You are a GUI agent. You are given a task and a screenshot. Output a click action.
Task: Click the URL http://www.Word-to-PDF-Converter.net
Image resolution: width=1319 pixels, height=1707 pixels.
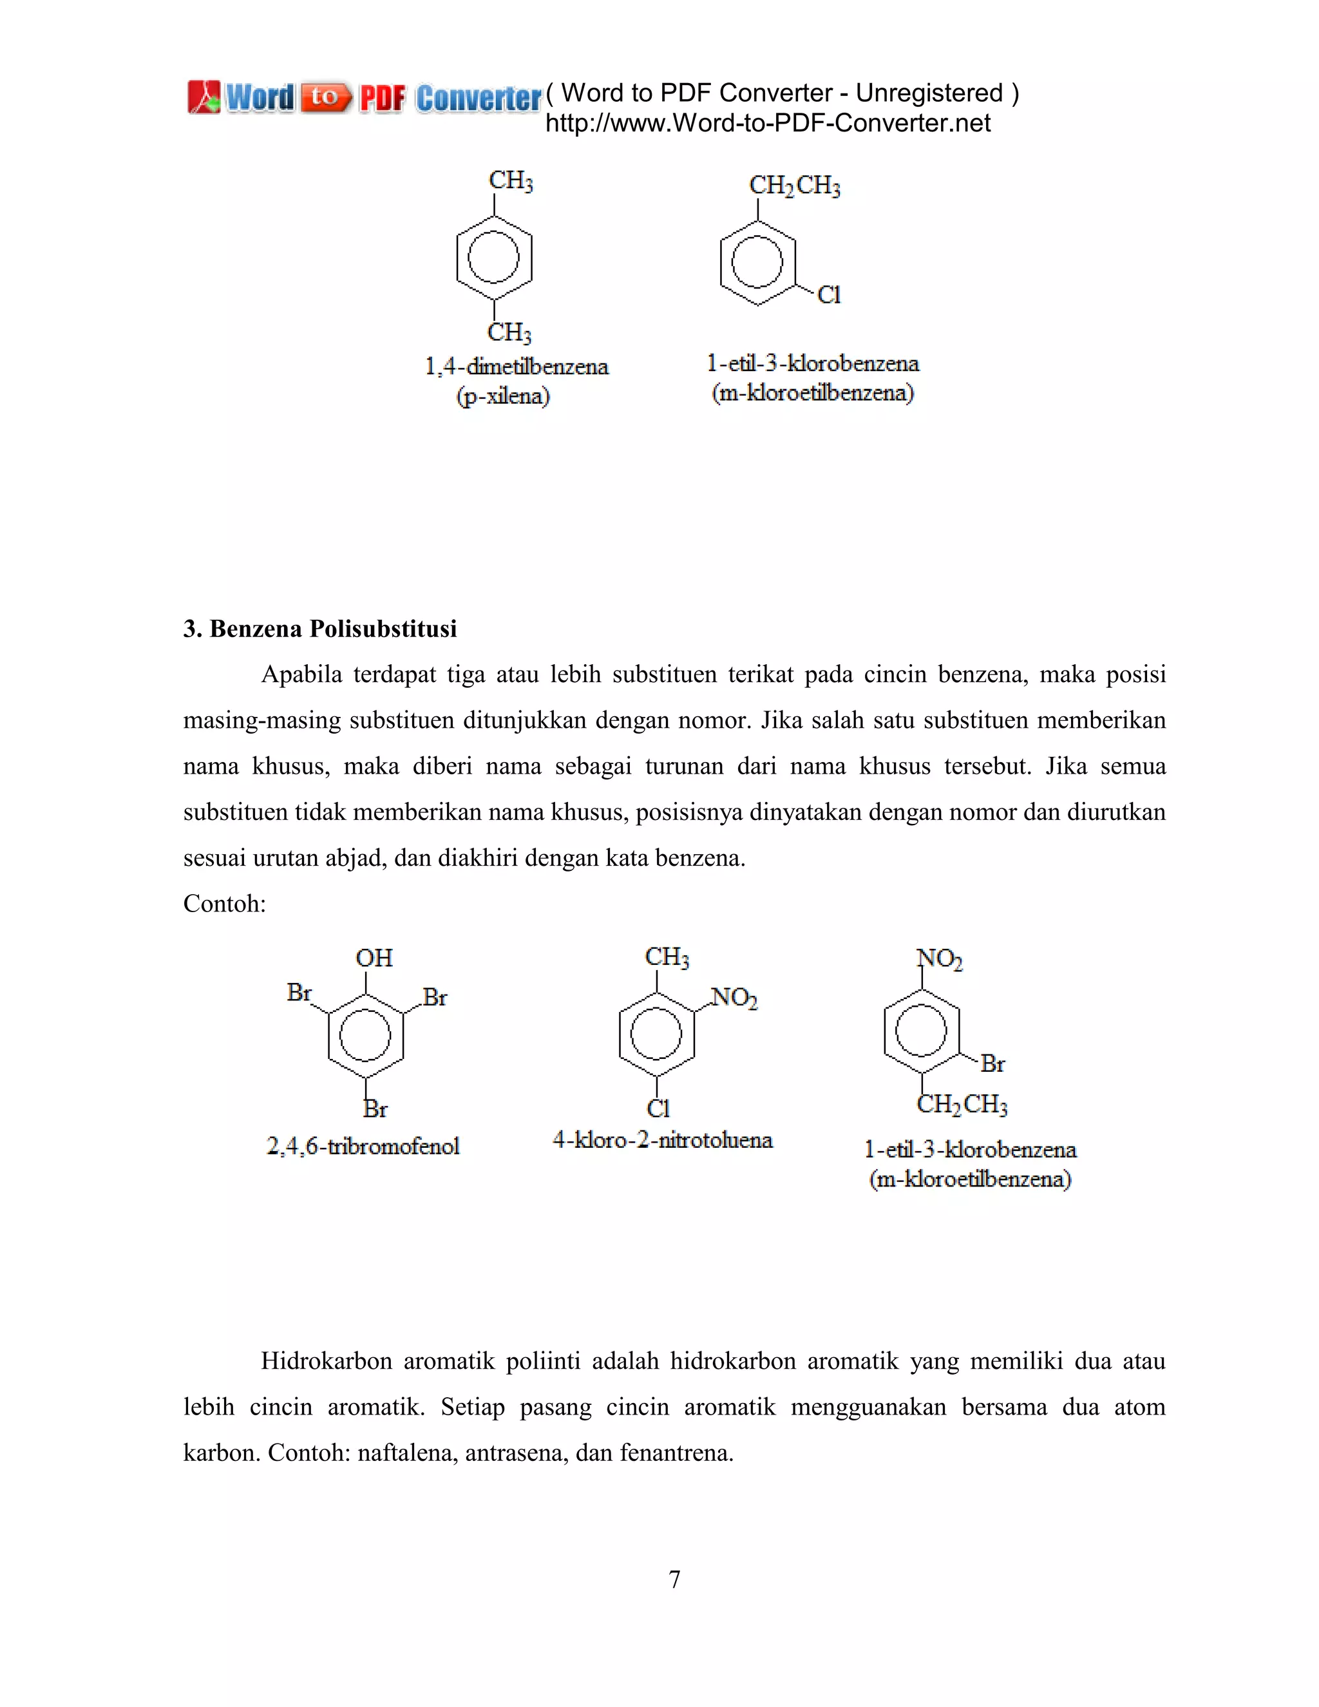pyautogui.click(x=767, y=124)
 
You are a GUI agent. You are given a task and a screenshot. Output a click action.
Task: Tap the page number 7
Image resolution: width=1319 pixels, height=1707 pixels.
pyautogui.click(x=674, y=1579)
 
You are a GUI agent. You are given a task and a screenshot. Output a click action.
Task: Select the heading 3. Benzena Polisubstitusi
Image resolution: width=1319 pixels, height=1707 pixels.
pyautogui.click(x=319, y=629)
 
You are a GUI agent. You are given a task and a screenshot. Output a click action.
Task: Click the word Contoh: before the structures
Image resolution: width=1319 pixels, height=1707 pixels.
pyautogui.click(x=224, y=904)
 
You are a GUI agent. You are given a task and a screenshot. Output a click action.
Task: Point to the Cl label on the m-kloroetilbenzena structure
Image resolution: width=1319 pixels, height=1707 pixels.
pyautogui.click(x=829, y=296)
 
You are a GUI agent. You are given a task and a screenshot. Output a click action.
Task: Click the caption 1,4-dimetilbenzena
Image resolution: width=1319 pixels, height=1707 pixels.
pyautogui.click(x=517, y=367)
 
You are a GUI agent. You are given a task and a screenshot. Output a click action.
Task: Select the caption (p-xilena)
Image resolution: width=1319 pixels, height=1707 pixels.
pyautogui.click(x=503, y=396)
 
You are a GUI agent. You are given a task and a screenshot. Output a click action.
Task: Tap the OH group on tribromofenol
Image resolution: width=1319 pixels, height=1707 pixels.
pyautogui.click(x=374, y=958)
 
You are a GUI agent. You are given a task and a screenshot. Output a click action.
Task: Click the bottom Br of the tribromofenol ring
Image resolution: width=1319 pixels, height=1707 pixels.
pyautogui.click(x=375, y=1109)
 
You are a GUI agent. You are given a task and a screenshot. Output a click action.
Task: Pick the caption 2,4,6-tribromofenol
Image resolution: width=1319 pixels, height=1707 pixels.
pyautogui.click(x=363, y=1147)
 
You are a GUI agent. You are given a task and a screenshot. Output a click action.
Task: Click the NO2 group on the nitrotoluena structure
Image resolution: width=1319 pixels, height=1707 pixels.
pyautogui.click(x=734, y=998)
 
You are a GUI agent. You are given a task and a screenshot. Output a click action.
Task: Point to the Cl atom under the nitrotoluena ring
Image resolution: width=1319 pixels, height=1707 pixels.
pyautogui.click(x=658, y=1109)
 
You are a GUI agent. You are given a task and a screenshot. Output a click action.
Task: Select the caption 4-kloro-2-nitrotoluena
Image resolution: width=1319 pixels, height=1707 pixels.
pyautogui.click(x=663, y=1140)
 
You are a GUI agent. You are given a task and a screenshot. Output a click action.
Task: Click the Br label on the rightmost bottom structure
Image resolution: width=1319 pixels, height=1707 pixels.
pyautogui.click(x=992, y=1063)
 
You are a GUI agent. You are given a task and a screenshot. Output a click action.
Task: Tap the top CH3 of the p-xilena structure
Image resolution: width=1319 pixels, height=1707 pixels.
pyautogui.click(x=511, y=180)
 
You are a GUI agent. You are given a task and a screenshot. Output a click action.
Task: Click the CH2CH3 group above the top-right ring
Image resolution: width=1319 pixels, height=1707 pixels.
pyautogui.click(x=794, y=186)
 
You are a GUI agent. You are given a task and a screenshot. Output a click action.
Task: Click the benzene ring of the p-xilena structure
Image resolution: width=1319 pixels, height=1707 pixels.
pyautogui.click(x=494, y=257)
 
